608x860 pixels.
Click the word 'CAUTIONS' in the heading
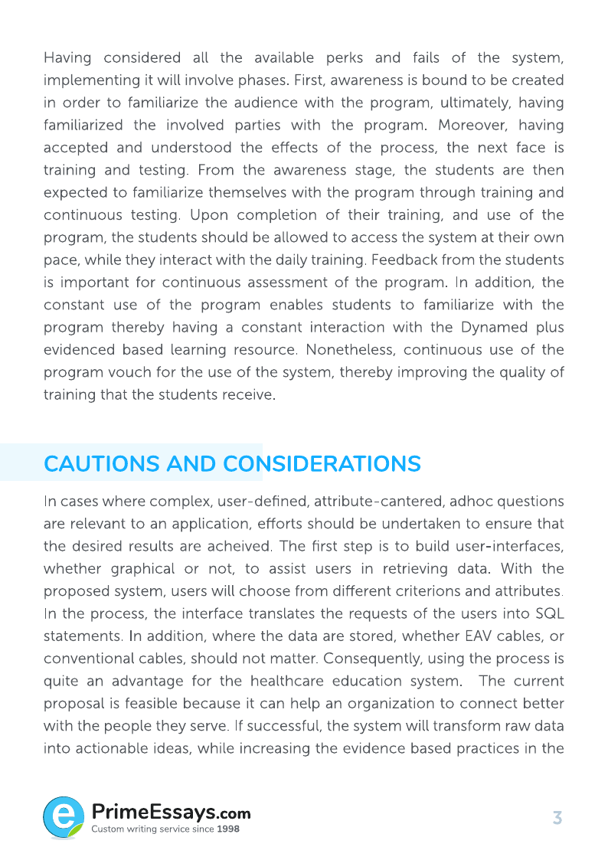102,464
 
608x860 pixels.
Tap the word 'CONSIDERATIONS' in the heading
322,464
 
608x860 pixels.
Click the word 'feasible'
153,704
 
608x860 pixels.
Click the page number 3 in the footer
557,818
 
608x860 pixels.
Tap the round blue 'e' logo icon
64,816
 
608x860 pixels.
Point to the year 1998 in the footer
228,829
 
